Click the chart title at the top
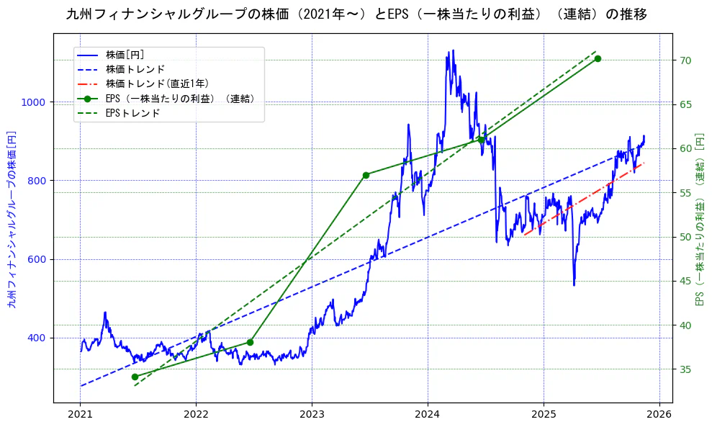coord(356,14)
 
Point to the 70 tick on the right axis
coord(686,60)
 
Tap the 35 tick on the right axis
coord(686,369)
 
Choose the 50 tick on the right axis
coord(686,237)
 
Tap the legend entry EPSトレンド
coord(132,113)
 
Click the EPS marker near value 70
coord(598,58)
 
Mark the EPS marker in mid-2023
coord(366,175)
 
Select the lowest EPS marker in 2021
coord(135,377)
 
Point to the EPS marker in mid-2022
coord(250,342)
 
